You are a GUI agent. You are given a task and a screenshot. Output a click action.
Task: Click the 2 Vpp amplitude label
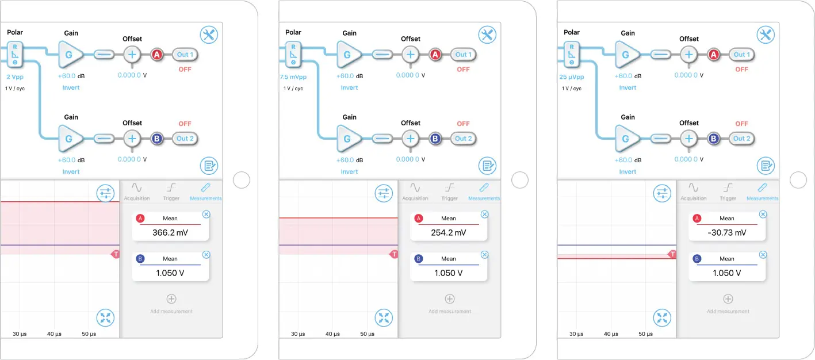(15, 76)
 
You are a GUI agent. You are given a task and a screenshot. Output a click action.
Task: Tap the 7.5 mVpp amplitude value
(293, 76)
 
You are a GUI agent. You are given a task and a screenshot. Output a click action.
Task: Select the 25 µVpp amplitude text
(571, 76)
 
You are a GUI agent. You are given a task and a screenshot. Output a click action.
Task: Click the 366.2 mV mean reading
(170, 233)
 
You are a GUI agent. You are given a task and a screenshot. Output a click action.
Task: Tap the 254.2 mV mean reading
(449, 233)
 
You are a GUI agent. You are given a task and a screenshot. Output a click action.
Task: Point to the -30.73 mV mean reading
(727, 233)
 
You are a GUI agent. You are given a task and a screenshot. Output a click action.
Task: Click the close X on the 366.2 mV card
(206, 214)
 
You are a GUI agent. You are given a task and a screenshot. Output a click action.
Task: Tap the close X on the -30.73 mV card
(763, 214)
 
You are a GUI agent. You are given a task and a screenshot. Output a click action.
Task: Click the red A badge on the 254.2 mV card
(419, 219)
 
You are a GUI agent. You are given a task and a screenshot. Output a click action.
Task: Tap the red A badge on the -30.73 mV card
(697, 219)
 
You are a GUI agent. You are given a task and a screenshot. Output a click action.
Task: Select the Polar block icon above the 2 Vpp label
(15, 55)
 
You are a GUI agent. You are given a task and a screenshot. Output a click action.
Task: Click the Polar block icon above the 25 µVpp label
(571, 55)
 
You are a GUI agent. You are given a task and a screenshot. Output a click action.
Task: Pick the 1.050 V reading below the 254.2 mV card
(449, 273)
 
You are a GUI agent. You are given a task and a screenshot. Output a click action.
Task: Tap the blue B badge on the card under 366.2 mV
(140, 259)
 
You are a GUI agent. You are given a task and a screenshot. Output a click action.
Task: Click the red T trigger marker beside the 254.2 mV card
(394, 254)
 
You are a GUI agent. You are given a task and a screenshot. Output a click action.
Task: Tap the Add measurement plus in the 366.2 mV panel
(171, 299)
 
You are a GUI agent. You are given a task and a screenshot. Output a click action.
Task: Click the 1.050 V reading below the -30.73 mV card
(727, 273)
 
